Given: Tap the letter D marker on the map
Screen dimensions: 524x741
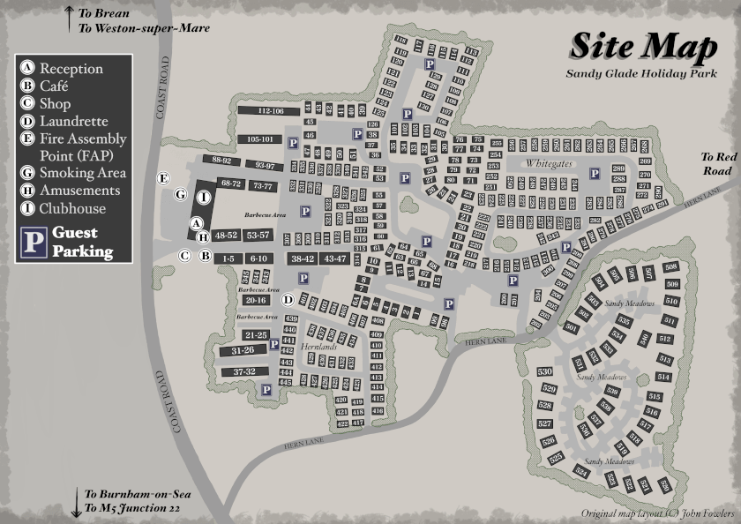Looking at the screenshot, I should click(x=288, y=300).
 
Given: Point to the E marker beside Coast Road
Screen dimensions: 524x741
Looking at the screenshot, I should click(x=163, y=178).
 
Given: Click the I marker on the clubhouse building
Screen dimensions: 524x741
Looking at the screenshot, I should click(x=203, y=198).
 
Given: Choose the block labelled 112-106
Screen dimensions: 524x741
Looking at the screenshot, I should click(x=271, y=111).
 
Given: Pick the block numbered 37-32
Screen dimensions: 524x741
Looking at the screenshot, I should click(x=244, y=372).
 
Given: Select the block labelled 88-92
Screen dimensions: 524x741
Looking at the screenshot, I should click(x=221, y=161).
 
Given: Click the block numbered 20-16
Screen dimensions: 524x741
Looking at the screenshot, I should click(x=256, y=301).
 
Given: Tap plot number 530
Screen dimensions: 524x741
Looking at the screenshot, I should click(x=544, y=371).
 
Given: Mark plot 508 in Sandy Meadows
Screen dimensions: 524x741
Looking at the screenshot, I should click(x=670, y=267).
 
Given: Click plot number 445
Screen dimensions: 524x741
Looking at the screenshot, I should click(x=286, y=382).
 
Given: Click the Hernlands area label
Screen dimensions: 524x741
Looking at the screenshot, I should click(x=319, y=348).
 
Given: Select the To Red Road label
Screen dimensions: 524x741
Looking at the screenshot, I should click(x=717, y=163).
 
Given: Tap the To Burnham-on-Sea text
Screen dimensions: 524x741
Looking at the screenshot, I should click(x=136, y=494).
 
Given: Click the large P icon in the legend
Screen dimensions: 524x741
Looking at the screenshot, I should click(x=34, y=242).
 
